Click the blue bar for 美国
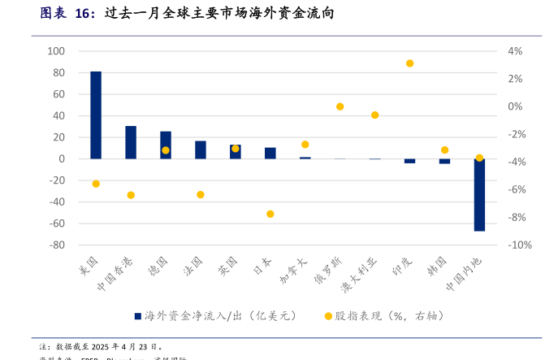coord(96,115)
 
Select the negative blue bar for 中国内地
coord(479,195)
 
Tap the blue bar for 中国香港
coord(131,142)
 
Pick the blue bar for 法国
coord(201,150)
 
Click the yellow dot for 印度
coord(409,63)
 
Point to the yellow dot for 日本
coord(270,214)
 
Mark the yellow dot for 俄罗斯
coord(340,106)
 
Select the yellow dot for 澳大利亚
coord(374,115)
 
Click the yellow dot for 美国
coord(96,184)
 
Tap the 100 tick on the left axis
coord(56,51)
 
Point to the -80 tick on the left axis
coord(56,245)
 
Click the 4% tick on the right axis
coord(515,51)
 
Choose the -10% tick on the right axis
coord(519,245)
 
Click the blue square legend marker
coord(138,315)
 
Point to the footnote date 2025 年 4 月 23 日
coord(127,346)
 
